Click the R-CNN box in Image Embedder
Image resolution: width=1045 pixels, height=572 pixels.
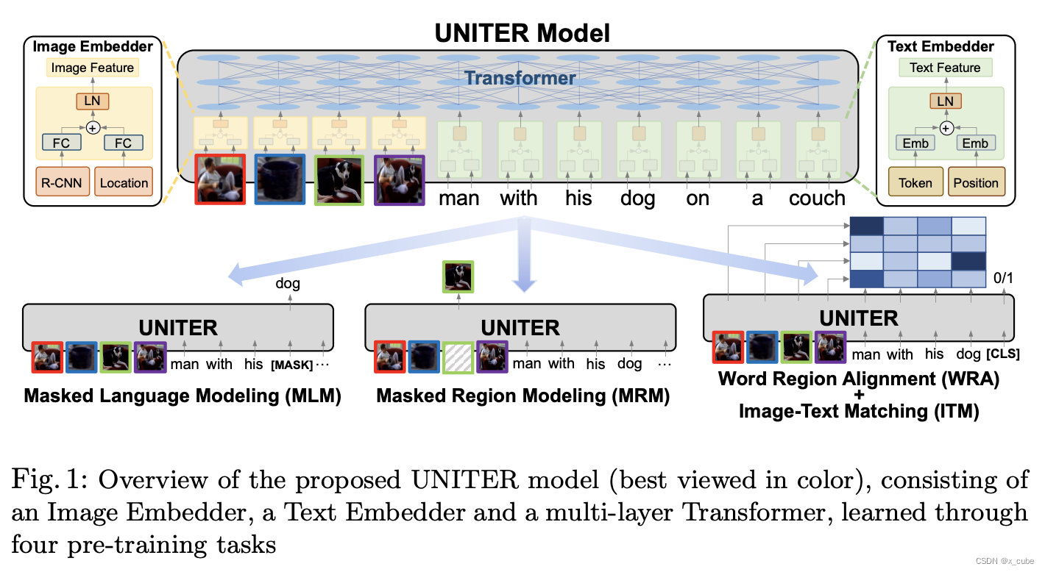(x=62, y=182)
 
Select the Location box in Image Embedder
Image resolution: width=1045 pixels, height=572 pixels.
(x=124, y=182)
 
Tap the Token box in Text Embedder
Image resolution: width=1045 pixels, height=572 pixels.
(x=915, y=182)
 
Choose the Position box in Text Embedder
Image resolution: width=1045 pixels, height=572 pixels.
(x=976, y=182)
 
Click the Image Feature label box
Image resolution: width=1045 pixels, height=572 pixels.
(x=93, y=68)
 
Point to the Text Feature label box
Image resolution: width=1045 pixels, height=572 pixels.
(x=945, y=68)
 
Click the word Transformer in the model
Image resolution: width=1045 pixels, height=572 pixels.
(x=520, y=77)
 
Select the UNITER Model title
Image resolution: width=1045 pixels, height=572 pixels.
(x=522, y=33)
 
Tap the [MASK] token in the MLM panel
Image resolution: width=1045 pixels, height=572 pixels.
(x=291, y=365)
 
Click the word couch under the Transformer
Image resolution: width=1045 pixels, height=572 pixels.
(x=817, y=199)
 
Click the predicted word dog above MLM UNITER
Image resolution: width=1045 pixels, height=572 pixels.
(x=288, y=283)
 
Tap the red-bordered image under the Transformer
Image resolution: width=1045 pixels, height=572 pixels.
(x=220, y=179)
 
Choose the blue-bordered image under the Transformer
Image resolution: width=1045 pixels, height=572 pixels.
(x=280, y=179)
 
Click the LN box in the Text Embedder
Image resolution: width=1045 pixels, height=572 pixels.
(x=945, y=101)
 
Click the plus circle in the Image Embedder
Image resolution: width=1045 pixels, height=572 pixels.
(x=93, y=127)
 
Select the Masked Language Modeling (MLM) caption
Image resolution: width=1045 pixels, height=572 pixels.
(x=183, y=396)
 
